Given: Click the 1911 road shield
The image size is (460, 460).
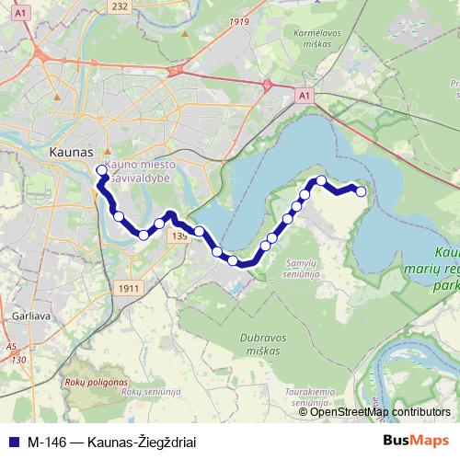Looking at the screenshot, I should [129, 289].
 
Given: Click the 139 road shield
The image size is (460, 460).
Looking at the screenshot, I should [178, 236].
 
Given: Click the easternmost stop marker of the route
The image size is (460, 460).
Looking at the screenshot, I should [361, 191].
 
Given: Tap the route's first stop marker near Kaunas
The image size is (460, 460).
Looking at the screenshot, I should [101, 169].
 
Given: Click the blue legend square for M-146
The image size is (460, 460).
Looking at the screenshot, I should [13, 441].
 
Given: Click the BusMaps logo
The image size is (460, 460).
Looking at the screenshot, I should [415, 440].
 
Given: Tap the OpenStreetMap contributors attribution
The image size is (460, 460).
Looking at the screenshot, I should [380, 412].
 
